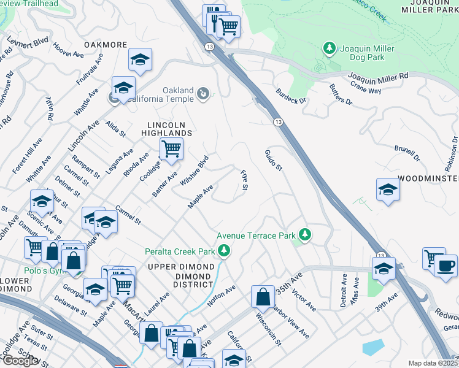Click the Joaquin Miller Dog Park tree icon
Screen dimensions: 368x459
(330, 48)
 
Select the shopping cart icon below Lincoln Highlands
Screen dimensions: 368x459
(171, 148)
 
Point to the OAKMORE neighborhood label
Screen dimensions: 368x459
(106, 45)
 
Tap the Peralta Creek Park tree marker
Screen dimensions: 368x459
(225, 251)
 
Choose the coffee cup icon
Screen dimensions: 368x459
(446, 266)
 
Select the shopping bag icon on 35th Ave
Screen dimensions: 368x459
(263, 296)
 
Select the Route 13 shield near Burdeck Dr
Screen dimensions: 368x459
(277, 123)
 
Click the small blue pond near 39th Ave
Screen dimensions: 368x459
(373, 348)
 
